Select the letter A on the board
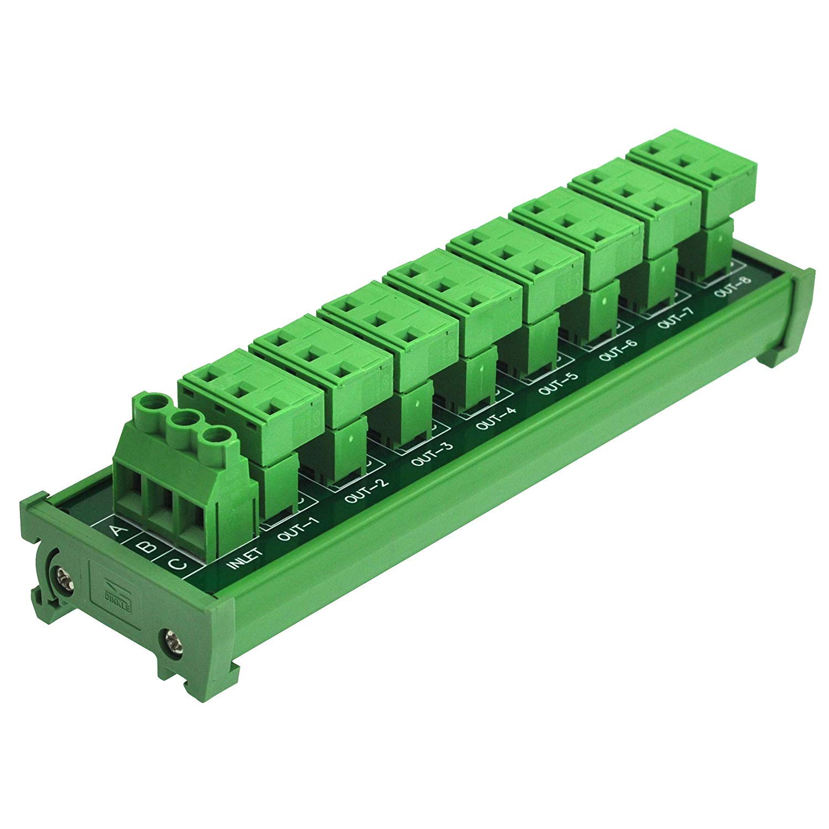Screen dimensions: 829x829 coord(117,532)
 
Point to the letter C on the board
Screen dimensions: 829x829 coord(176,564)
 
